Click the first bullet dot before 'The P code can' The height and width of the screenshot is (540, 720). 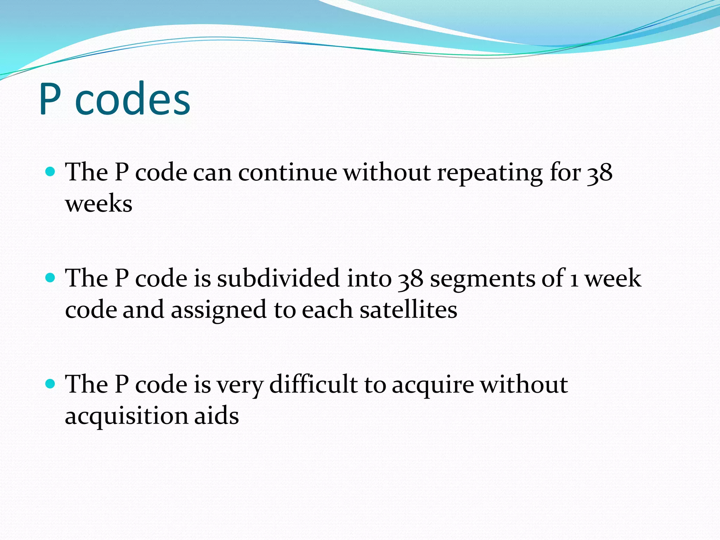(51, 172)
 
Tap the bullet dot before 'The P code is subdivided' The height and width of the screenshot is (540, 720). (51, 278)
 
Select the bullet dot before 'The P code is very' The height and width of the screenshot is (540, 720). (51, 384)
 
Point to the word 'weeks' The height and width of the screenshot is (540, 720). (99, 204)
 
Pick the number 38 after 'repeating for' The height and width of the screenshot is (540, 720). (600, 173)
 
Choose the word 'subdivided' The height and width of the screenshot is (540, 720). (278, 278)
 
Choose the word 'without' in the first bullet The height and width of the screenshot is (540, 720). (387, 173)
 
